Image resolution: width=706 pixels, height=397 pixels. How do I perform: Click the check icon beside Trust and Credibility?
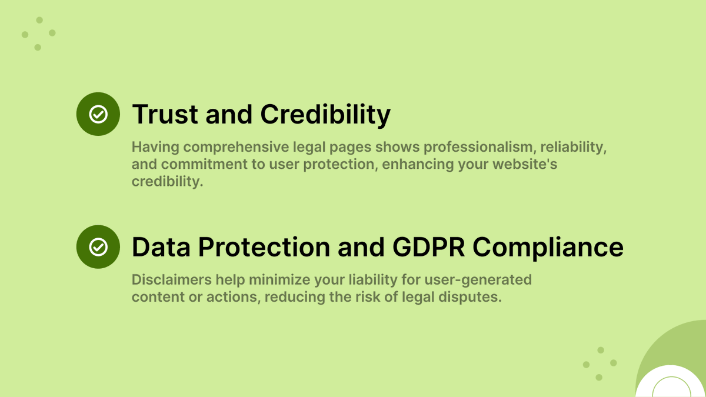tap(98, 114)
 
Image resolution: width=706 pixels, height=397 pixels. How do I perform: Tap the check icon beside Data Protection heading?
tap(98, 247)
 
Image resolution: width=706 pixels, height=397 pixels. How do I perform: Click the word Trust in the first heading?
tap(165, 114)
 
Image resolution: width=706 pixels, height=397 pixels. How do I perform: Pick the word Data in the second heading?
tap(161, 247)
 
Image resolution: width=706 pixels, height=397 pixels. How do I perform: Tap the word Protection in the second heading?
tap(264, 247)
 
